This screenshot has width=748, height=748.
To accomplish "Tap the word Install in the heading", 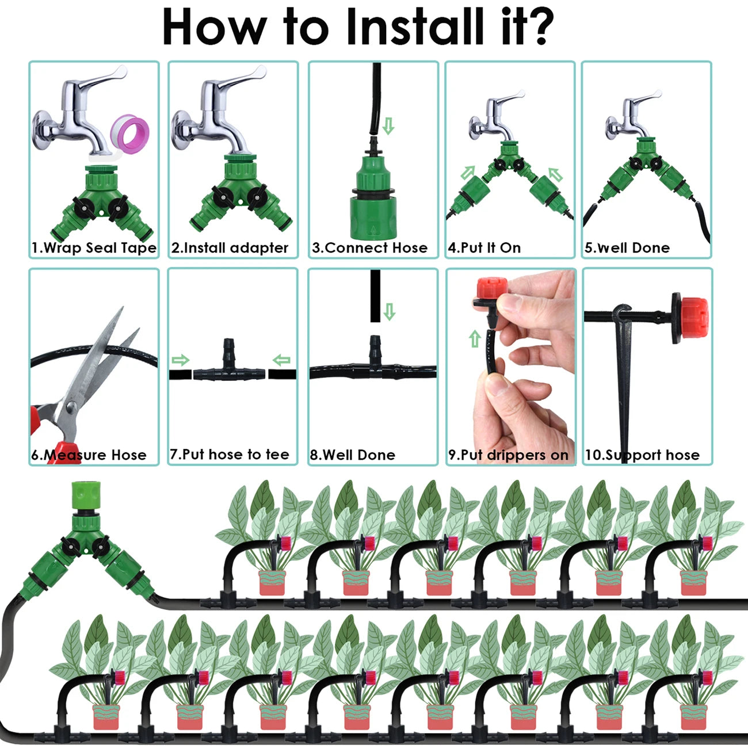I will [416, 26].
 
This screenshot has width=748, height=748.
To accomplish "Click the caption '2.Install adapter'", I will [230, 248].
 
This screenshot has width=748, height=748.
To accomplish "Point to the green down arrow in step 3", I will [388, 126].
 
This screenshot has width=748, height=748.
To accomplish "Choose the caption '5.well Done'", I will [627, 248].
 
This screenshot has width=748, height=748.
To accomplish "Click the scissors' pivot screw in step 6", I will [71, 407].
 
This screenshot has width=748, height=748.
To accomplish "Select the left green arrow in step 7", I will [180, 361].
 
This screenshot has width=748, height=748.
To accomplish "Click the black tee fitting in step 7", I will [230, 368].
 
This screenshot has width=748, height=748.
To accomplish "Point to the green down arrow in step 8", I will [390, 312].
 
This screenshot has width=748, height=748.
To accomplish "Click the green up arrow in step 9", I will [475, 339].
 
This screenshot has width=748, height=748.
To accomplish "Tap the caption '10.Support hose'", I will [642, 455].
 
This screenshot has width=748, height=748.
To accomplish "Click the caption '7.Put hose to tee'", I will [229, 455].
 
